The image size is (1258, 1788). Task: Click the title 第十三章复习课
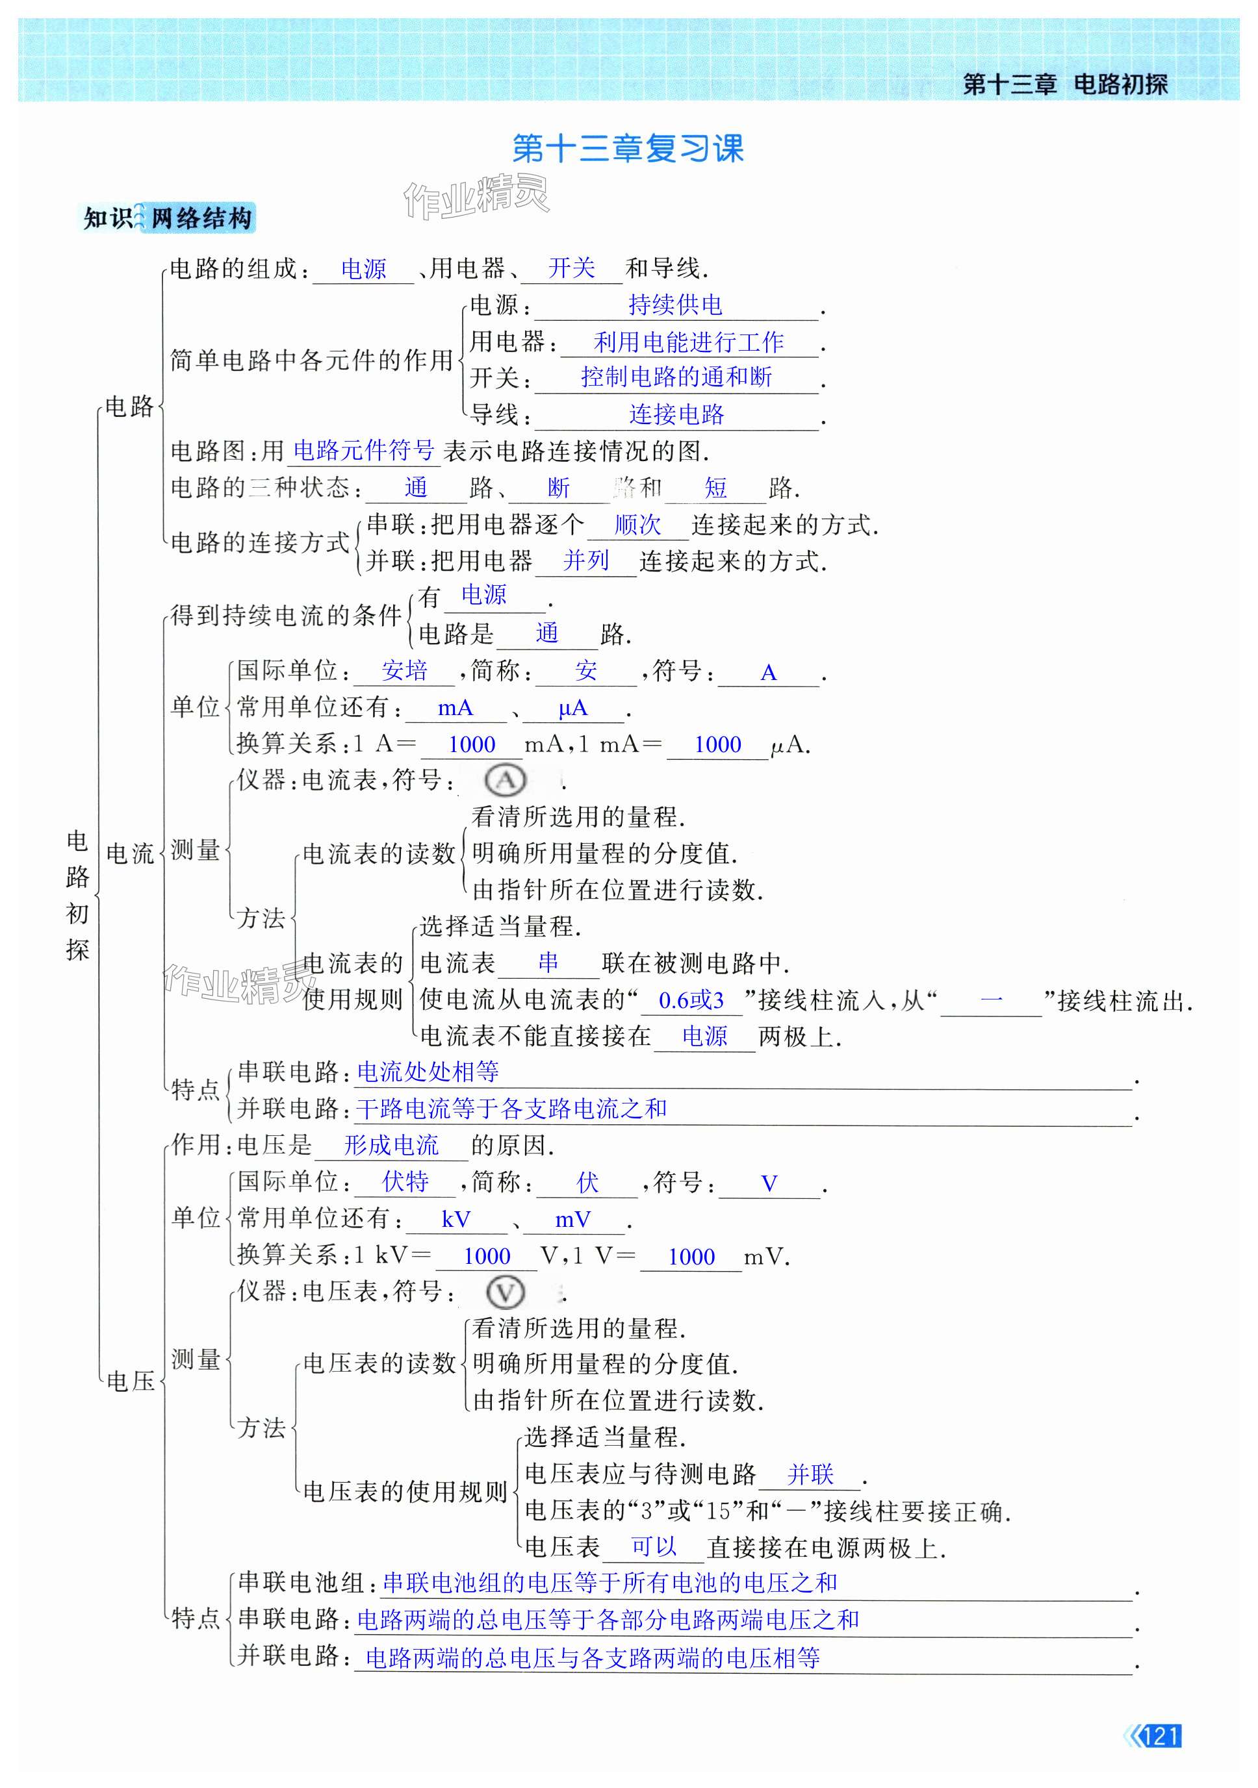point(628,148)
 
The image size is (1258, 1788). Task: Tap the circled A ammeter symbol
point(505,779)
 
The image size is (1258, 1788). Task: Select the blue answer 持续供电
point(675,305)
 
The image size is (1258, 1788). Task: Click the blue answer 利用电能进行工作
point(689,341)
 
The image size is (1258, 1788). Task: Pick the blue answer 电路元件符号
point(364,449)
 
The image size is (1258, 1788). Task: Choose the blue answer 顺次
point(637,524)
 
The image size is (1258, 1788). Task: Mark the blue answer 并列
point(585,560)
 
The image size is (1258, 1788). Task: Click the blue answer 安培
point(404,670)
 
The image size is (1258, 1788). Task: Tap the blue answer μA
point(572,708)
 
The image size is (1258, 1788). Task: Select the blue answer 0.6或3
point(691,1000)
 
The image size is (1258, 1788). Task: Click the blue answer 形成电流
point(391,1145)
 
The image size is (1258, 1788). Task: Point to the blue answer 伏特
point(405,1182)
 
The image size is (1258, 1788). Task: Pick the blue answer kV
point(456,1219)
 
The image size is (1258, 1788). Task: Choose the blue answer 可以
point(654,1546)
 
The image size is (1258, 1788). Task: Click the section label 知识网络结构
point(168,218)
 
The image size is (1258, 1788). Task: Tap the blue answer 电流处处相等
point(428,1072)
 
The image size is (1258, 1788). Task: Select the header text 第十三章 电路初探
point(1065,83)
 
